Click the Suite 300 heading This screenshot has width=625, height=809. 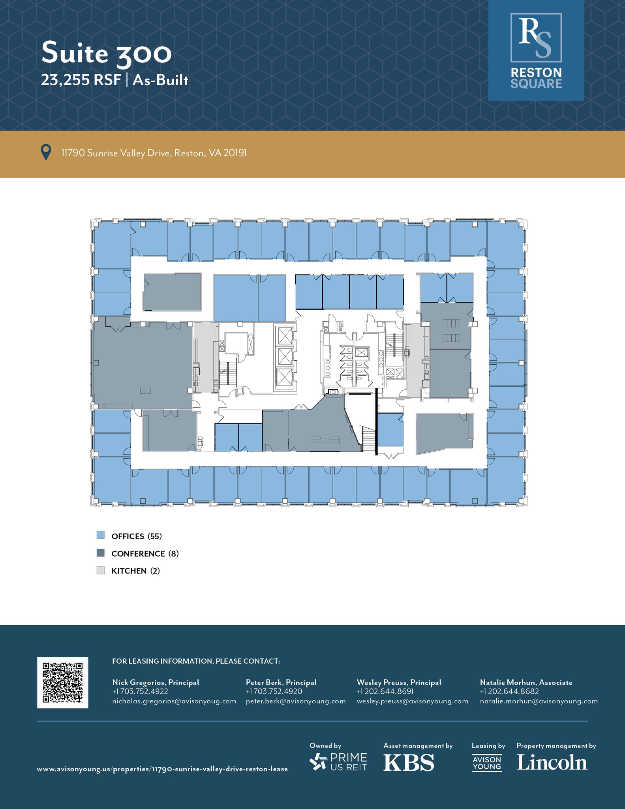coord(107,53)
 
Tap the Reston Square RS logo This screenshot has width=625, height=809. coord(536,51)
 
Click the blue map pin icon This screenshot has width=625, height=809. coord(46,152)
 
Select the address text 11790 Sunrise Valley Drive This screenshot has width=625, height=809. coord(116,153)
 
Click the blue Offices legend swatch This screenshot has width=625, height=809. coord(101,535)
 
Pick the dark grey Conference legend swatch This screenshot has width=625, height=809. coord(101,553)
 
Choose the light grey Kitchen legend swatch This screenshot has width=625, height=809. coord(101,570)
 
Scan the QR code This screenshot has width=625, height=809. coord(63,683)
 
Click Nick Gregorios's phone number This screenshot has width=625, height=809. coord(140,691)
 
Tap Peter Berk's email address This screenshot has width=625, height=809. coord(296,701)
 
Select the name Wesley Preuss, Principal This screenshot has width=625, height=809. coord(399,682)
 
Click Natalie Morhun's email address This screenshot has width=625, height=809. coord(539,701)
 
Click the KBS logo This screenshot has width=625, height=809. coord(409,763)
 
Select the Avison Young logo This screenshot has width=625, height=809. coord(487,763)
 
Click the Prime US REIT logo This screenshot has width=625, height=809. coord(338,762)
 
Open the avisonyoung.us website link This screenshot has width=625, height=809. coord(162,769)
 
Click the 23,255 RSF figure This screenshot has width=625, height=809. coord(81,80)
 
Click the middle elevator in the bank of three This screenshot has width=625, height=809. coord(285,357)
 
